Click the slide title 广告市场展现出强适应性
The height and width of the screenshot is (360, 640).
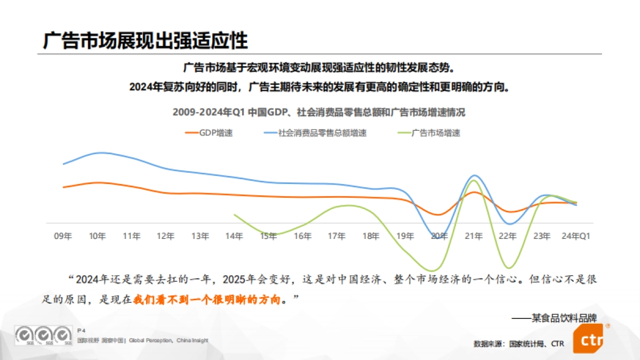(145, 41)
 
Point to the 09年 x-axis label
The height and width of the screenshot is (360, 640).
(63, 235)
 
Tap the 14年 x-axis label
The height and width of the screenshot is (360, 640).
(234, 235)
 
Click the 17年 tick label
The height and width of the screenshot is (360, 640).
(337, 235)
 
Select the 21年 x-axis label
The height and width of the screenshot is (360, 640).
(474, 235)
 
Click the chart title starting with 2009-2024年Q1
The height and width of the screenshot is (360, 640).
(319, 113)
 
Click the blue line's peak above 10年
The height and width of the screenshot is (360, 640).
(100, 153)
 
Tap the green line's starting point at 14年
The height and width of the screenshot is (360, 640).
(235, 214)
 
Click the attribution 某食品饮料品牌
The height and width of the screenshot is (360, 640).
(564, 318)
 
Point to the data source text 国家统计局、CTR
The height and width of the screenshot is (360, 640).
(537, 344)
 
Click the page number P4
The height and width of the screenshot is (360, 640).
(82, 331)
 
